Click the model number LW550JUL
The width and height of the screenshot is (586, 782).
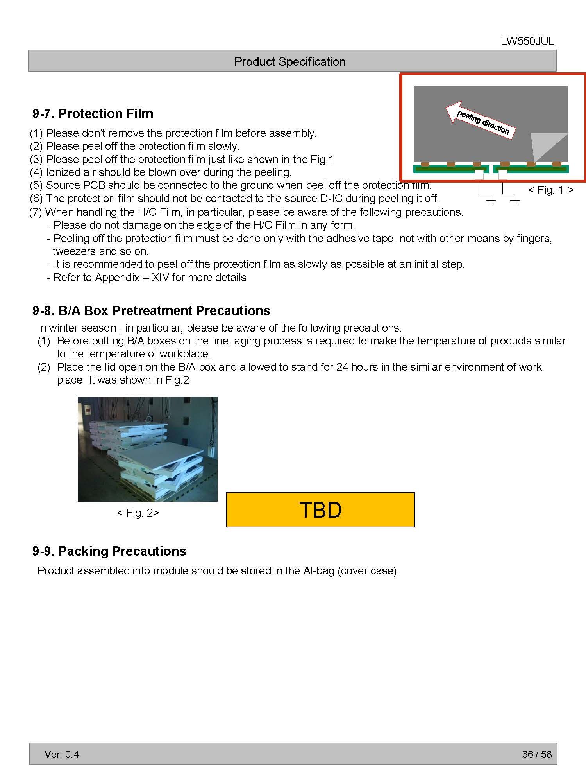[x=527, y=41]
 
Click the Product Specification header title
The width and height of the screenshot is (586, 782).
[x=290, y=61]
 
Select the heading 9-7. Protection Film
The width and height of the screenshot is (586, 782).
[x=93, y=114]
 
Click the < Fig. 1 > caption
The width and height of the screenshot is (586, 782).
[x=551, y=190]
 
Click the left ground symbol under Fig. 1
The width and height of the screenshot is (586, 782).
[x=491, y=202]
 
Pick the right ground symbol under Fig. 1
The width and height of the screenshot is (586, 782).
[x=515, y=202]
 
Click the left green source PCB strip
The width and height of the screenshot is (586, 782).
[x=451, y=169]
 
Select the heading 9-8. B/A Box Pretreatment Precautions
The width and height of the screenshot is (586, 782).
[x=151, y=311]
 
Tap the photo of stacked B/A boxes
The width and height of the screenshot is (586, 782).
[x=148, y=449]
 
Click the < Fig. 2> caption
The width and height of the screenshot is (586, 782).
[x=138, y=513]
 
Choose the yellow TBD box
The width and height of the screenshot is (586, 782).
[x=320, y=510]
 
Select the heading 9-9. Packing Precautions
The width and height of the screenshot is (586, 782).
[x=109, y=551]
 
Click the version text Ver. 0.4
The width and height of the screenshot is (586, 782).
[x=62, y=754]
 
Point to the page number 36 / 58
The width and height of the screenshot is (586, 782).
[x=537, y=754]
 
